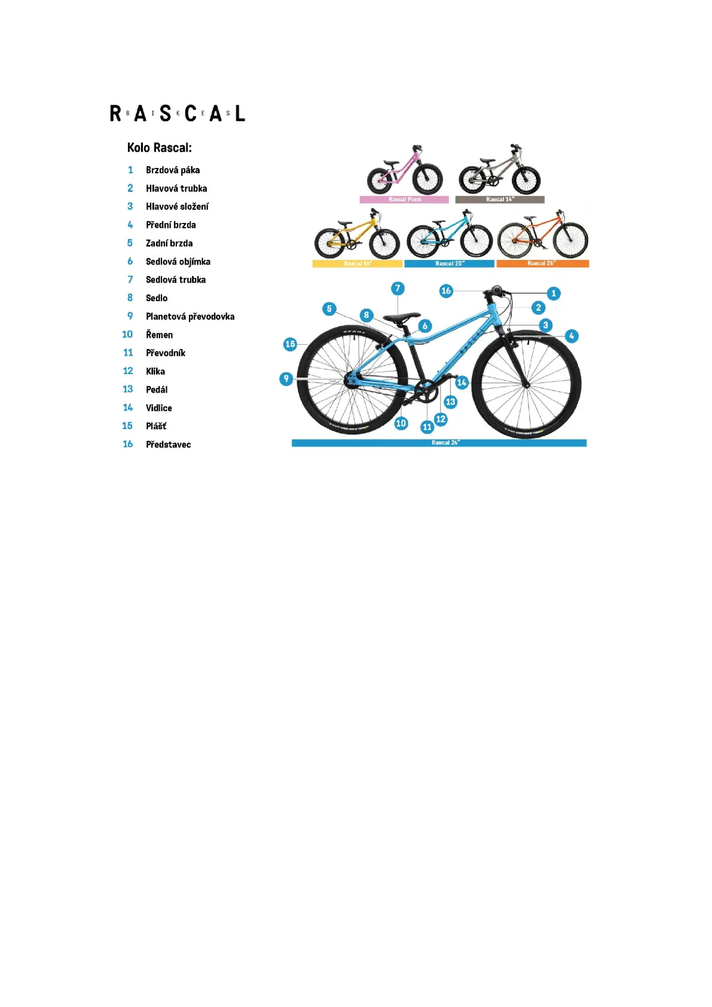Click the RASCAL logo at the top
178,113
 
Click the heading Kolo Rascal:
159,148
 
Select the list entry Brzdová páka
173,170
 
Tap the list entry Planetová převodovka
190,317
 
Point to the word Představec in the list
169,445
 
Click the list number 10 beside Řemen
127,335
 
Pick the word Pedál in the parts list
157,390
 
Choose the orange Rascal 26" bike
543,235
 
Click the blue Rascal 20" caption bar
450,264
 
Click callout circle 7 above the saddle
398,289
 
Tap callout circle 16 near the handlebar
446,291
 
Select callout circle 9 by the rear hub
286,379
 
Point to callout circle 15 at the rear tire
291,344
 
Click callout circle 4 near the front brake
572,336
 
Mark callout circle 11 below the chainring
427,427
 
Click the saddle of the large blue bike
402,318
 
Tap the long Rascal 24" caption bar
439,443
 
